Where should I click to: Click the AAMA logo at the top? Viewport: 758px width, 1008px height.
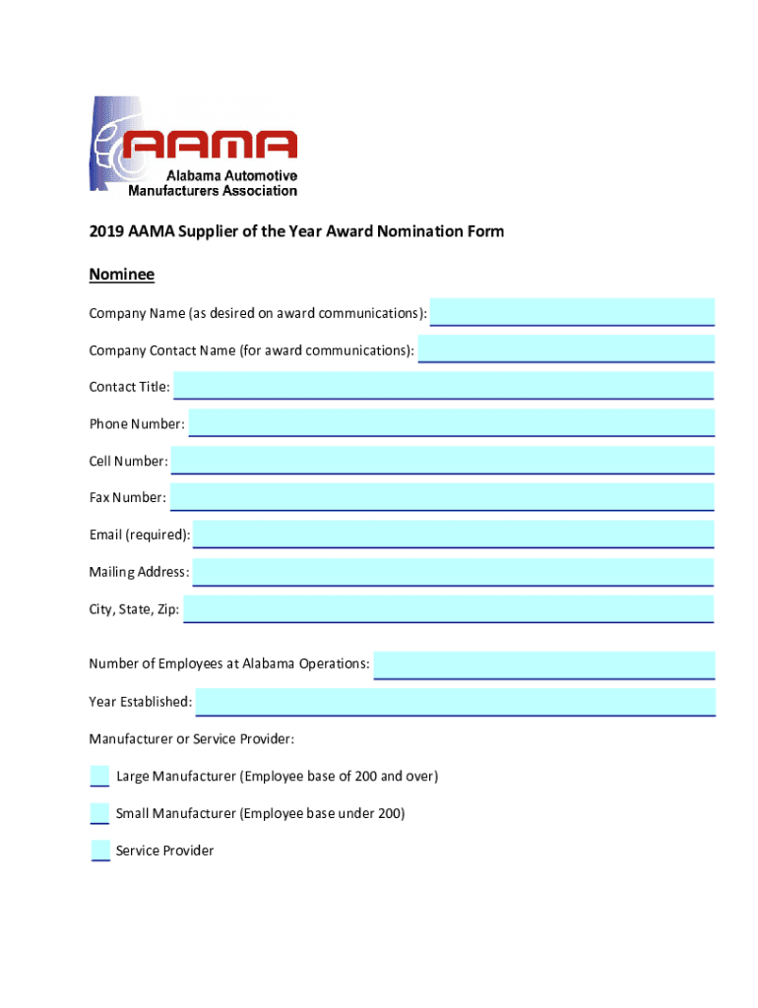pos(193,146)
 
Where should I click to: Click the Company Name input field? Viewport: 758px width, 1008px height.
pos(572,312)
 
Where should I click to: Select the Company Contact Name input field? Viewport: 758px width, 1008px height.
pos(566,348)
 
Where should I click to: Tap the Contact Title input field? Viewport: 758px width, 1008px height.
pos(443,385)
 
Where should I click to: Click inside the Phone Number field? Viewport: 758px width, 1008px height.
pos(451,422)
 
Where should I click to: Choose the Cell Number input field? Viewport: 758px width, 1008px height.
pos(442,460)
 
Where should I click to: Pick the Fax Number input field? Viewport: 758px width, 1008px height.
pos(442,497)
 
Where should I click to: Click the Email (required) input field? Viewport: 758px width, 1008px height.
pos(453,535)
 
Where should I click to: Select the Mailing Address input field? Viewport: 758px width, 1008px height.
pos(453,572)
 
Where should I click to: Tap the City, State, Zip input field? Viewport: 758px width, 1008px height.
pos(448,608)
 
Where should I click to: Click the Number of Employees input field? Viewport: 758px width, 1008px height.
pos(543,664)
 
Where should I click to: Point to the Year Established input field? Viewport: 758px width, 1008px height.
pos(455,702)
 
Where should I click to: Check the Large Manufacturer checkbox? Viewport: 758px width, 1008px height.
pos(99,776)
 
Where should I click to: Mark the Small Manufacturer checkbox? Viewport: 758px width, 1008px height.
pos(99,813)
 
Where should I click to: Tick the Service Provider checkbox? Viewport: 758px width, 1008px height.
pos(99,850)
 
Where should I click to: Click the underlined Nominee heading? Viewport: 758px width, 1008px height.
pos(122,274)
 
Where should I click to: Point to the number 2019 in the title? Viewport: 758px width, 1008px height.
pos(106,231)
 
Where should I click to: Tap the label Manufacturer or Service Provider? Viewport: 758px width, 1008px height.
pos(192,739)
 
